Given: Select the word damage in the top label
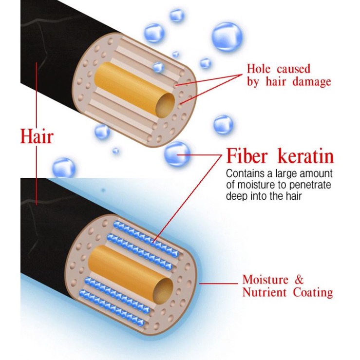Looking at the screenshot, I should pos(311,81).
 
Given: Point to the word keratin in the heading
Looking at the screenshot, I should pos(305,156).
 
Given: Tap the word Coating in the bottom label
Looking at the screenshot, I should pos(313,292).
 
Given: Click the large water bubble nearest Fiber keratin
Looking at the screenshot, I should pos(176,154).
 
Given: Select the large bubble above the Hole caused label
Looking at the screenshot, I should pos(227,37).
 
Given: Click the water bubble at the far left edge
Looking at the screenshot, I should pos(63,168).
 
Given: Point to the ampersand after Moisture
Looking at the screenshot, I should pos(299,280).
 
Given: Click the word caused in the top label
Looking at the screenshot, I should pos(293,69).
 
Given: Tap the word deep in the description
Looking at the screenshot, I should pos(235,196).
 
